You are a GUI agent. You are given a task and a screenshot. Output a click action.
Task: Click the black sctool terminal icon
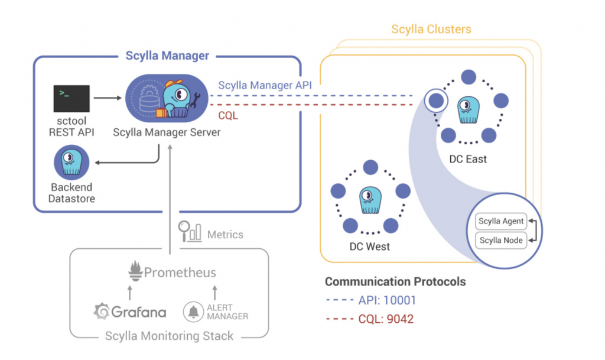click(71, 98)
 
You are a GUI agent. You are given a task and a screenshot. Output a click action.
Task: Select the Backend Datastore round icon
click(71, 163)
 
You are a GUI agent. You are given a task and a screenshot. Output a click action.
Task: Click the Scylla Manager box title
click(167, 56)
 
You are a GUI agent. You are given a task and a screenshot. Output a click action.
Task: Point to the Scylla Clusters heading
click(431, 29)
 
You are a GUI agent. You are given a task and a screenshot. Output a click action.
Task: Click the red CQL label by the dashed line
click(228, 115)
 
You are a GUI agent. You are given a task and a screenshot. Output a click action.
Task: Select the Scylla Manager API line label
click(265, 85)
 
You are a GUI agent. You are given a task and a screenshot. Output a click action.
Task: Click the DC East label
click(467, 159)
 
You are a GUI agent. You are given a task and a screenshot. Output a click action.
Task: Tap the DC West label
click(370, 246)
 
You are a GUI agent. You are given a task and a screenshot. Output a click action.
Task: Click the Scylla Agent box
click(501, 221)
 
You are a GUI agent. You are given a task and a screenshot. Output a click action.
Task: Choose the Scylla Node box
click(501, 240)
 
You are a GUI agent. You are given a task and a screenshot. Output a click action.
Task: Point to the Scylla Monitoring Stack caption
click(169, 336)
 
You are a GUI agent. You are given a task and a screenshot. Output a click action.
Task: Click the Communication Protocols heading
click(395, 281)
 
